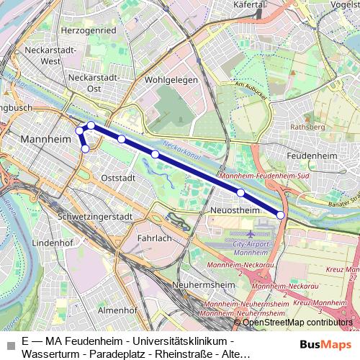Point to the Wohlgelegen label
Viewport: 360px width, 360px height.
[x=171, y=80]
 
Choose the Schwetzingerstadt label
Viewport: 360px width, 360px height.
[x=80, y=217]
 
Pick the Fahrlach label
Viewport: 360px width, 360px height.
[x=154, y=238]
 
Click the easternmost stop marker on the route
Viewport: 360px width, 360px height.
[x=281, y=215]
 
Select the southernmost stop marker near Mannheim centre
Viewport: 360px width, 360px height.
[x=85, y=149]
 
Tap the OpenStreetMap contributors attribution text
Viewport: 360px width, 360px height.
[x=297, y=322]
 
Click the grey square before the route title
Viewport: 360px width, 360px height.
[x=9, y=346]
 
